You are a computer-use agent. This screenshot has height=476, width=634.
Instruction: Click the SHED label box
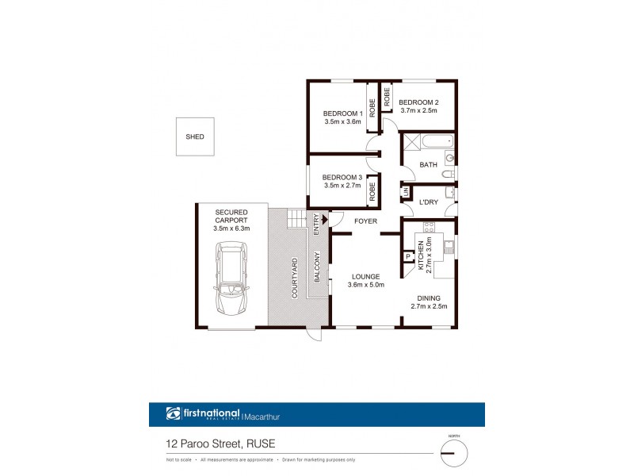[x=195, y=136]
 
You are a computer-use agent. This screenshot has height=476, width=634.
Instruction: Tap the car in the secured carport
[x=231, y=281]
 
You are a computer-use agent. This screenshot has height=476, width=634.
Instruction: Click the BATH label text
[x=428, y=165]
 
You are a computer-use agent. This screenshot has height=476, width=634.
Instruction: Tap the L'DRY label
[x=428, y=202]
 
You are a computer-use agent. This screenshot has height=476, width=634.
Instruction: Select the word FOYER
[x=365, y=221]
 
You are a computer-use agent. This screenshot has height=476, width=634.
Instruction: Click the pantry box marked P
[x=407, y=256]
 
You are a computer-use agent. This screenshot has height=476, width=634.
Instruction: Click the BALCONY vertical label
[x=317, y=267]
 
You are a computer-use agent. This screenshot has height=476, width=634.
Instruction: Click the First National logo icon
[x=174, y=414]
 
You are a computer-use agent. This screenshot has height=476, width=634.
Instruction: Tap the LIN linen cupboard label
[x=405, y=192]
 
